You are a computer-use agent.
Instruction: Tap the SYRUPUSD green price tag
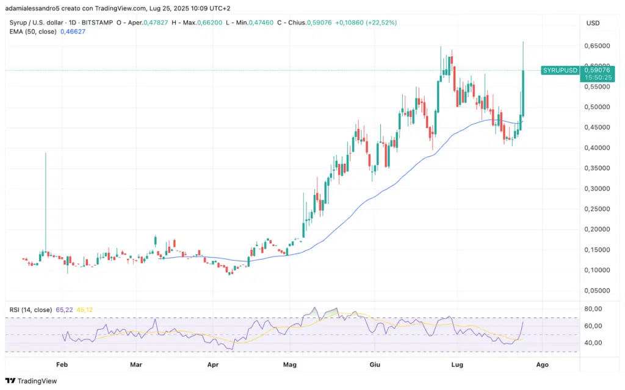(x=560, y=71)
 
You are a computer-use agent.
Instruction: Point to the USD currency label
(x=593, y=23)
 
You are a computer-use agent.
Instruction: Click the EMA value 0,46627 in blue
(x=73, y=31)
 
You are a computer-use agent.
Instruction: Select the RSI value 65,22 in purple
(x=64, y=310)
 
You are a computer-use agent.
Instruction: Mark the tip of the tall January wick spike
(x=45, y=154)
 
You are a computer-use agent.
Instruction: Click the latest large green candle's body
(x=524, y=91)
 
